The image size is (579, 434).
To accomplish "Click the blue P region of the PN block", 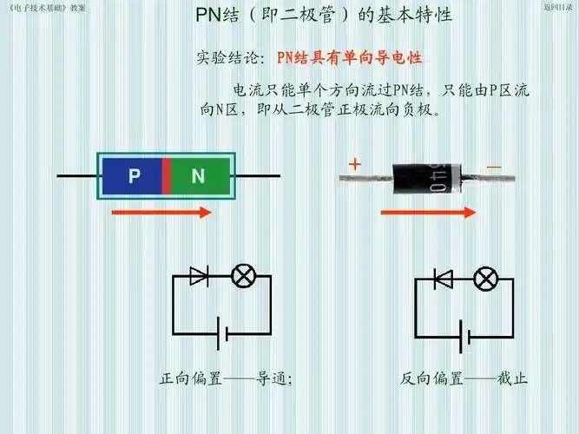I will coord(133,176).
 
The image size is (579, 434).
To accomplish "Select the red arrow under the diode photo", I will coord(429,211).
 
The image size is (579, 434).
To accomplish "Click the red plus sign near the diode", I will coord(354,164).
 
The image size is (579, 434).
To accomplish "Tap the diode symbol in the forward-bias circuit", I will coord(199,277).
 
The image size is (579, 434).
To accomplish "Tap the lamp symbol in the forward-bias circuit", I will coord(243,277).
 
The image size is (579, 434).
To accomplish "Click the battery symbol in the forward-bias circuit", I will coord(223,333).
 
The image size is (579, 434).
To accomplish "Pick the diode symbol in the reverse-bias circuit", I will coord(443,279).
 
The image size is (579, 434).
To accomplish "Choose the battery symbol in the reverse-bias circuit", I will coord(467,335).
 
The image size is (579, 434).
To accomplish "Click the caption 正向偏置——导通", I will coord(227,379).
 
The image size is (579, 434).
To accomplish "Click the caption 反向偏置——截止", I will coord(464,379).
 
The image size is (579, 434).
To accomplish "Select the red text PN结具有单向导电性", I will coord(349,58).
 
